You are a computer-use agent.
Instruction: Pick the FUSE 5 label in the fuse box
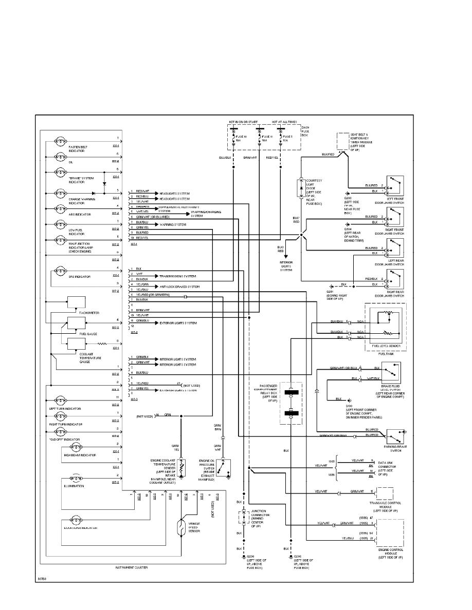[x=286, y=137]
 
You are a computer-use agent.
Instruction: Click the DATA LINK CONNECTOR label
[x=389, y=467]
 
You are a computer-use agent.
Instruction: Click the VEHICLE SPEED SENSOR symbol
[x=181, y=528]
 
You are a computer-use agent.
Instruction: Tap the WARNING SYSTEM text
[x=173, y=224]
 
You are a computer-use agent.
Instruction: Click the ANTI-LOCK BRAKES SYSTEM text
[x=180, y=286]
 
